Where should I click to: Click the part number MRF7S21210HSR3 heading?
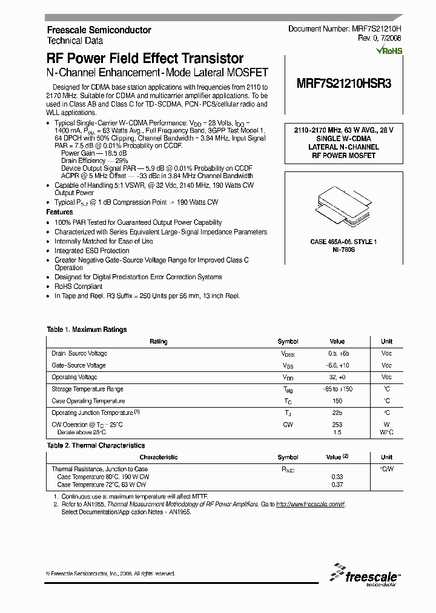(x=344, y=85)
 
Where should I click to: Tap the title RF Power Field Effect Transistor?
(x=145, y=59)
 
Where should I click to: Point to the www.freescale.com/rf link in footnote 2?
(x=310, y=504)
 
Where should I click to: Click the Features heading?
(x=59, y=213)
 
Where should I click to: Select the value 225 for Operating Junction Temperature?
(x=337, y=413)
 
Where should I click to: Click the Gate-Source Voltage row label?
(x=79, y=365)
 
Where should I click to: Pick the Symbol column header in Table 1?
(x=288, y=342)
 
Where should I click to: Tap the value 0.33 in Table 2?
(x=337, y=477)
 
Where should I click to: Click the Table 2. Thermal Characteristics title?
(x=96, y=445)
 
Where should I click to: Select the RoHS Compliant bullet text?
(x=79, y=287)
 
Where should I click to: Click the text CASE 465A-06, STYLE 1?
(x=343, y=242)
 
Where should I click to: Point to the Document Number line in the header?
(x=344, y=29)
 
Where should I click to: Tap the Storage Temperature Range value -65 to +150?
(x=337, y=389)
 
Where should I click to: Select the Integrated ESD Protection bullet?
(x=92, y=251)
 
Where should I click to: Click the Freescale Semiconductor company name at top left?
(x=99, y=30)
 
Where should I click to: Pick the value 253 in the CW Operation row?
(x=337, y=425)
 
